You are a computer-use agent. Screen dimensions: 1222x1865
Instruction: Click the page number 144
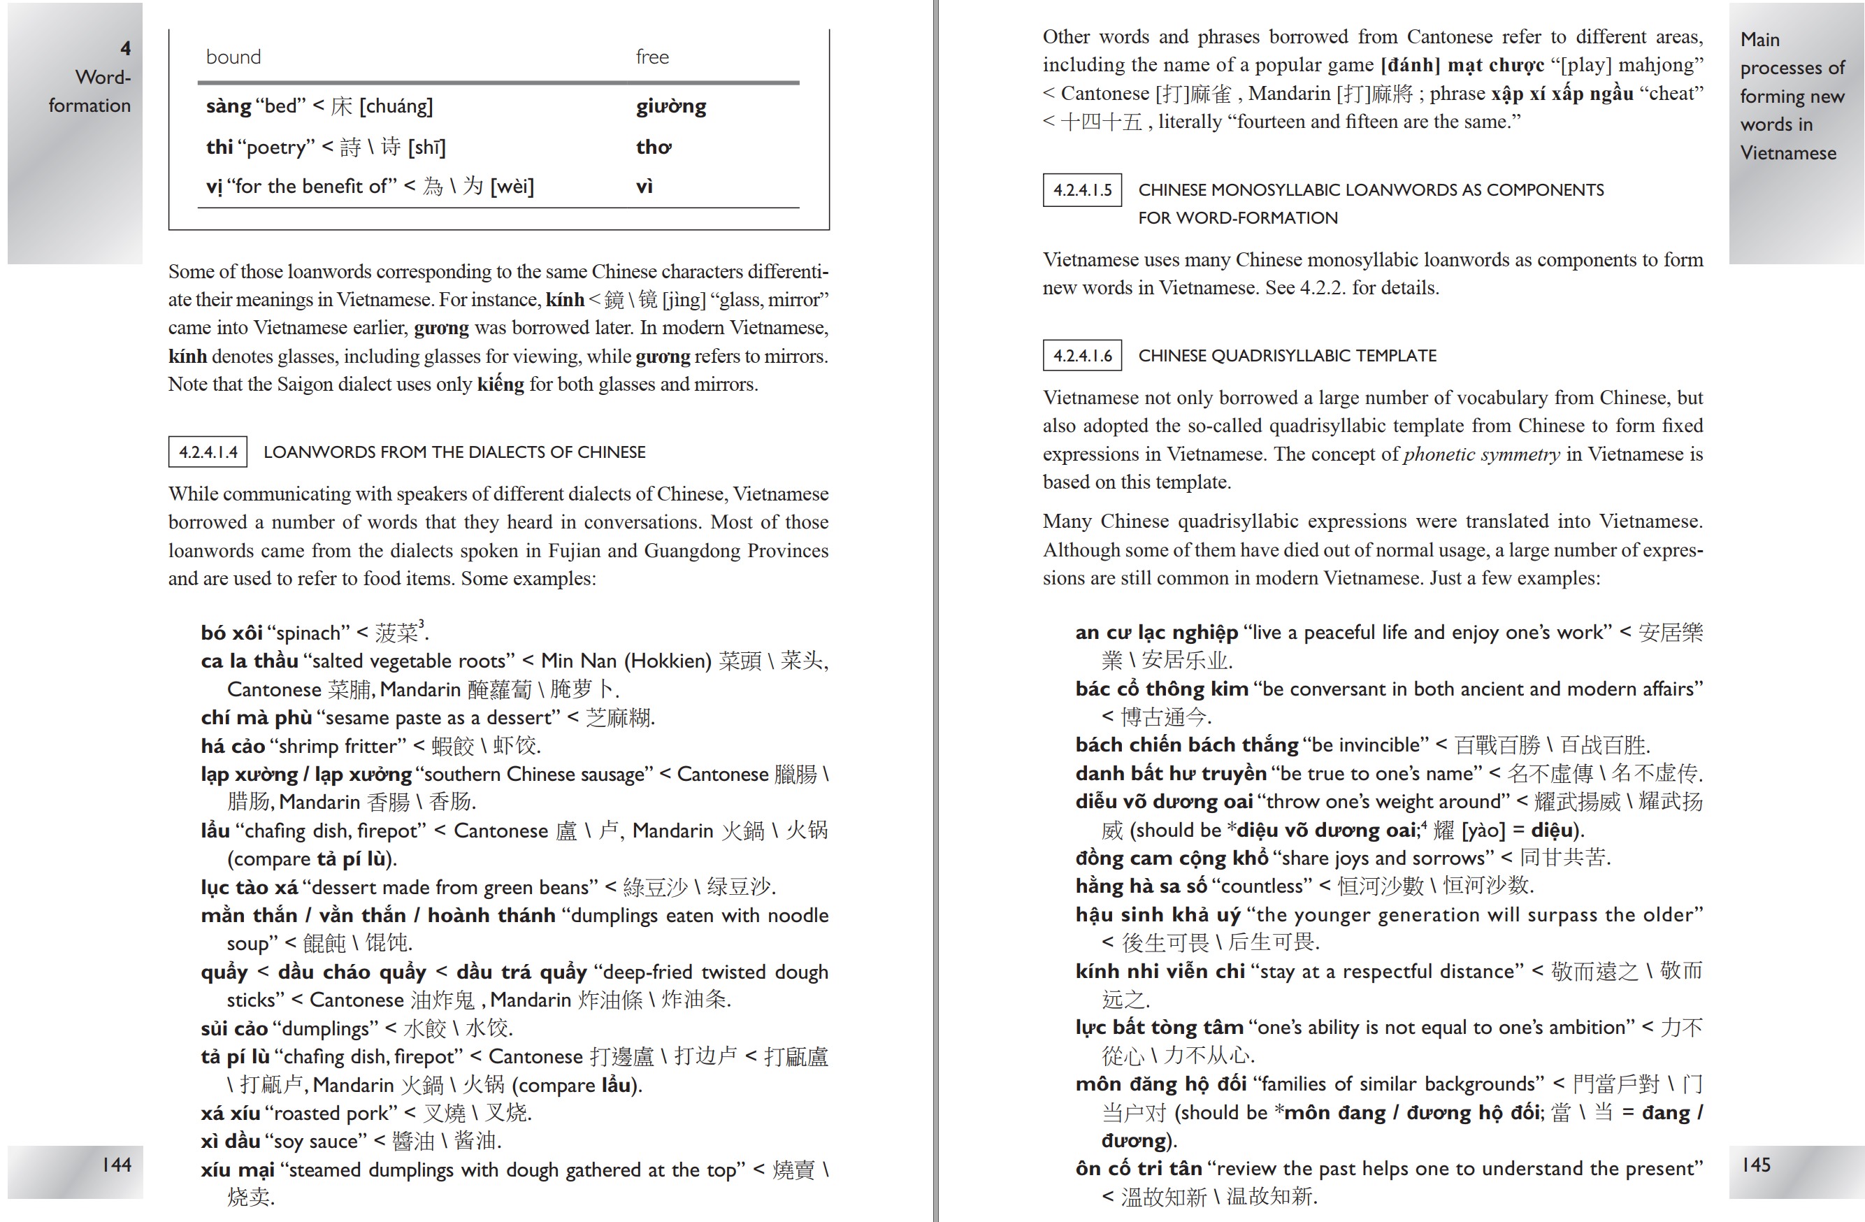[117, 1165]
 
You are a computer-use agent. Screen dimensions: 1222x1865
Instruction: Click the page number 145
[1755, 1165]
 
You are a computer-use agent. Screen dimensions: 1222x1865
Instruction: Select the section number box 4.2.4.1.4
[208, 452]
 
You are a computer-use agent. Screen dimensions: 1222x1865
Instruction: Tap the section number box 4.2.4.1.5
[1081, 189]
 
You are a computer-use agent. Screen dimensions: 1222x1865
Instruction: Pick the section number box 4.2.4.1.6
[1081, 356]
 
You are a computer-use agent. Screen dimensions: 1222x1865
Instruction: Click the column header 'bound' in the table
[233, 57]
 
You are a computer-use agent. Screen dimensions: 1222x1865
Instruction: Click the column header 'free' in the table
[652, 57]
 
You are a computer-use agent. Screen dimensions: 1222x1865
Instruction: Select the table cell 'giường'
[671, 106]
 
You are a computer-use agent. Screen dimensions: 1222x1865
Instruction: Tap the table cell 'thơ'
[654, 148]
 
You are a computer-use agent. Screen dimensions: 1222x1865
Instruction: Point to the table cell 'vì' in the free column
[644, 187]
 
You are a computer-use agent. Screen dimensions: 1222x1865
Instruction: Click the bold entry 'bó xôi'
[231, 633]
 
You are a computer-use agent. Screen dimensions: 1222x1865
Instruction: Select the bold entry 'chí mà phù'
[257, 717]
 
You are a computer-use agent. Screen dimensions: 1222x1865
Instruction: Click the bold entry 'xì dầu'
[231, 1140]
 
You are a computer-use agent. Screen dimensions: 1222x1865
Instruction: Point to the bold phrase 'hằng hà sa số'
[1141, 886]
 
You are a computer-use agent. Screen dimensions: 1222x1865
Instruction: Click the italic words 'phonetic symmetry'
[1481, 454]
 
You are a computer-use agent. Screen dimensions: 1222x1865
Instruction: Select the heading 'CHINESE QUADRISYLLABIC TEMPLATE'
[1287, 356]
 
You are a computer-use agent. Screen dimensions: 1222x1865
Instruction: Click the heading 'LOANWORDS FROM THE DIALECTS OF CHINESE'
[454, 452]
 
